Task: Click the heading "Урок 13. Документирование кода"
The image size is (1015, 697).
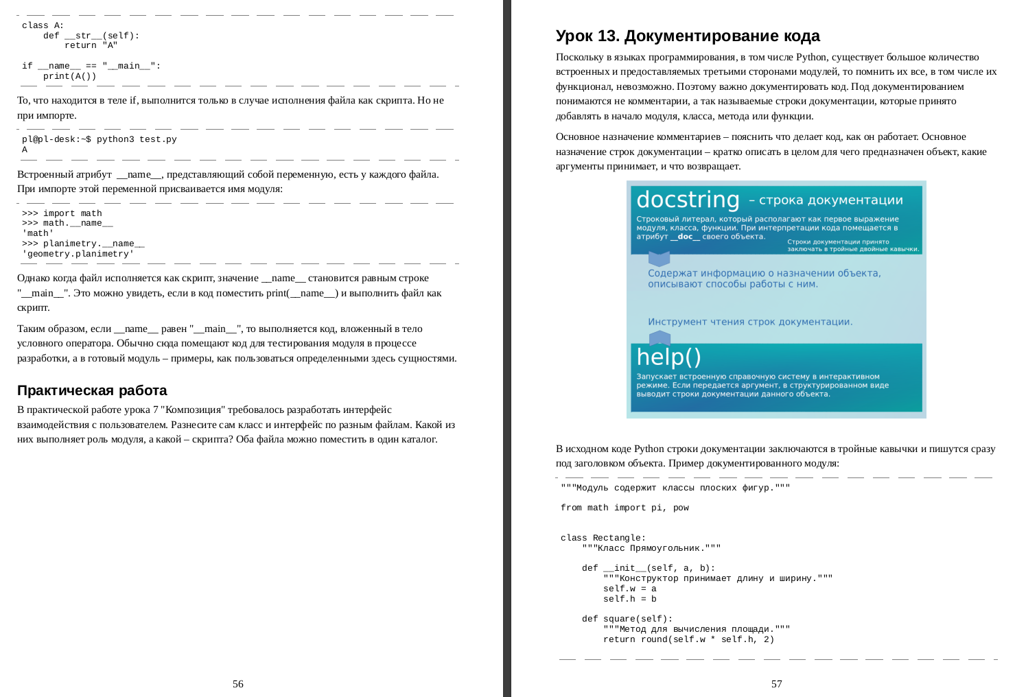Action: (x=688, y=36)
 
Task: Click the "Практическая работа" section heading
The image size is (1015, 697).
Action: (x=92, y=390)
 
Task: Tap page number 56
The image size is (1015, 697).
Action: (x=238, y=684)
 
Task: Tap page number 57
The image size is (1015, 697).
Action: (x=776, y=684)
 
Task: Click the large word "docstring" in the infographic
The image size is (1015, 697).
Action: (x=688, y=200)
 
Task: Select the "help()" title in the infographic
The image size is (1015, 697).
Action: (x=668, y=357)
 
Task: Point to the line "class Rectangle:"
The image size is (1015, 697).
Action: (x=603, y=538)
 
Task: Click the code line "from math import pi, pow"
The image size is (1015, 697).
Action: (x=625, y=508)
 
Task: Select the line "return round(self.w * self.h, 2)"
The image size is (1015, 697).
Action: (x=688, y=639)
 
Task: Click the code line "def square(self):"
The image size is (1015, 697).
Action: (x=627, y=619)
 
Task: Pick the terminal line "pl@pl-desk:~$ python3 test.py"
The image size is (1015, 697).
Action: (x=99, y=139)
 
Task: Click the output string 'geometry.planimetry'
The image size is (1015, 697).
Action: (x=78, y=254)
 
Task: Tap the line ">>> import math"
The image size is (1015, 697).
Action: (x=62, y=213)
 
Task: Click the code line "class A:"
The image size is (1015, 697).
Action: (x=43, y=25)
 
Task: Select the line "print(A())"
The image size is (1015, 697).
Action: (x=69, y=76)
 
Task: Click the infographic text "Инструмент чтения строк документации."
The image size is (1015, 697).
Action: (x=750, y=322)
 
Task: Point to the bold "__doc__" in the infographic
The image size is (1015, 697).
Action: (x=685, y=237)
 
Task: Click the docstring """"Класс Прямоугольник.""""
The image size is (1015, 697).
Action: (x=651, y=548)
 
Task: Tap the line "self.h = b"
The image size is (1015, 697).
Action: (x=629, y=599)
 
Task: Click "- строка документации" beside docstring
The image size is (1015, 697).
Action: (x=826, y=200)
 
